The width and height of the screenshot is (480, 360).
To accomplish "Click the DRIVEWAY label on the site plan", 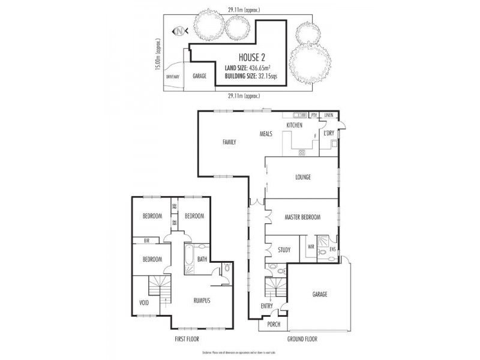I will [173, 77].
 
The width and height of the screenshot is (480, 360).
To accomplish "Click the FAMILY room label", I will [229, 142].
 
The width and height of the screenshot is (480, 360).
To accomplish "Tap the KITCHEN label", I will [295, 124].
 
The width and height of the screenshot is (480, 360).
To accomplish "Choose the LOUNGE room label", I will [303, 178].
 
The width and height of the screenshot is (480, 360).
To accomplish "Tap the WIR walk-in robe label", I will [311, 246].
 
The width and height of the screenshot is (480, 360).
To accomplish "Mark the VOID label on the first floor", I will [144, 302].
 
